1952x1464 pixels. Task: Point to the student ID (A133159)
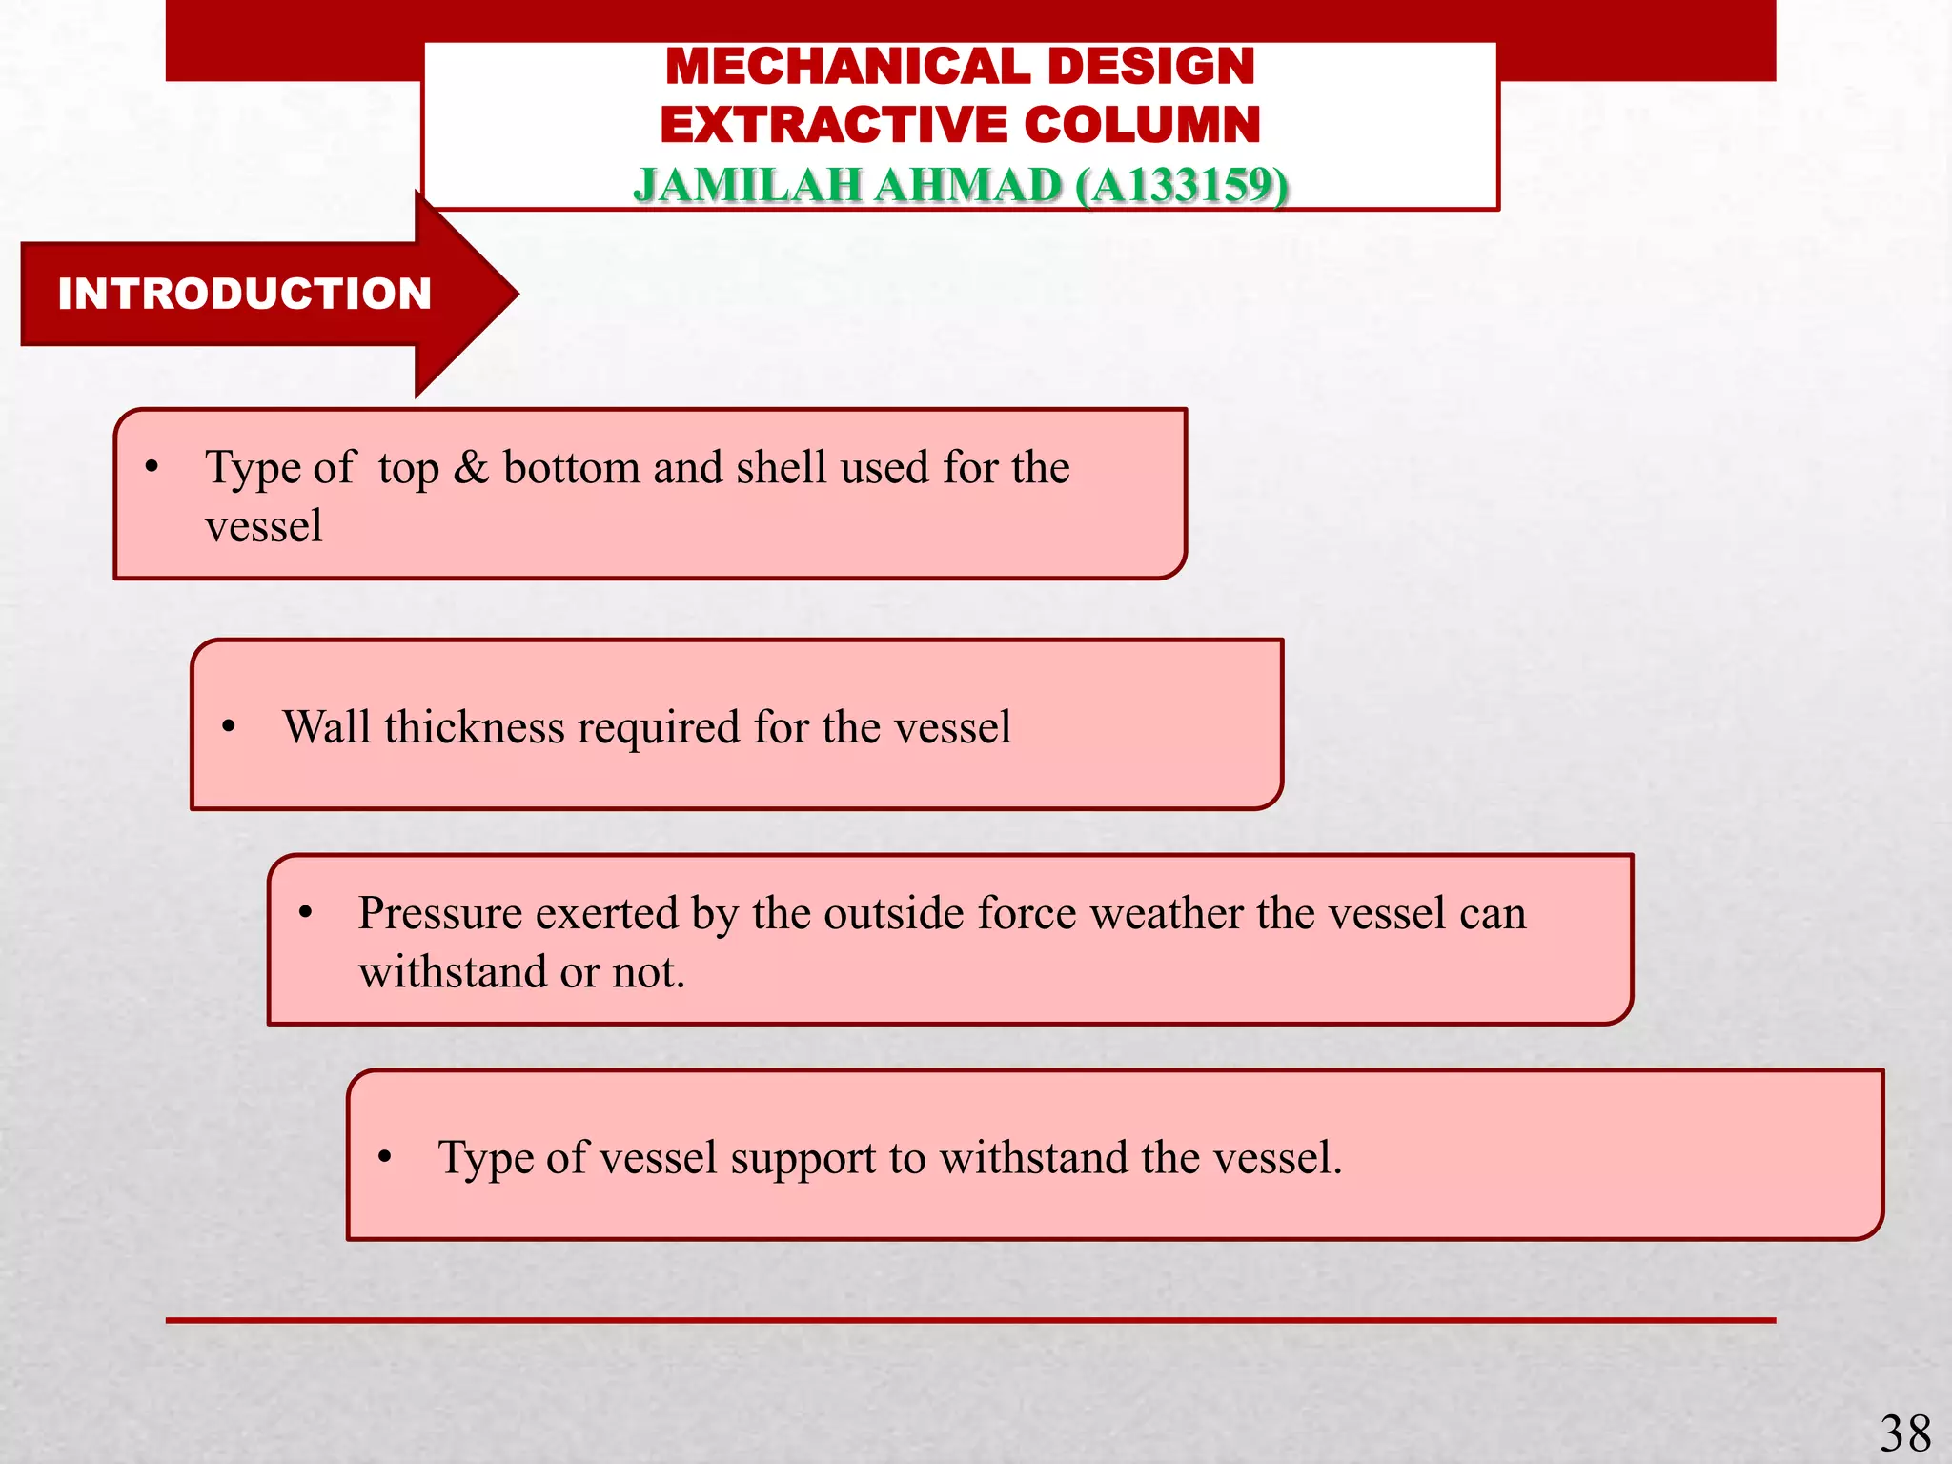pyautogui.click(x=1182, y=185)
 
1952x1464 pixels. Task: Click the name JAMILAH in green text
pyautogui.click(x=748, y=185)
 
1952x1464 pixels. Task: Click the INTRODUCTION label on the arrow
pyautogui.click(x=245, y=294)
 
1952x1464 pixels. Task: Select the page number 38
pyautogui.click(x=1904, y=1433)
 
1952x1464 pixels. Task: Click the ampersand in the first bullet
pyautogui.click(x=471, y=468)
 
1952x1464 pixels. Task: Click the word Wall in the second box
pyautogui.click(x=326, y=727)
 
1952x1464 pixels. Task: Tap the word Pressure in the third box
pyautogui.click(x=441, y=914)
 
